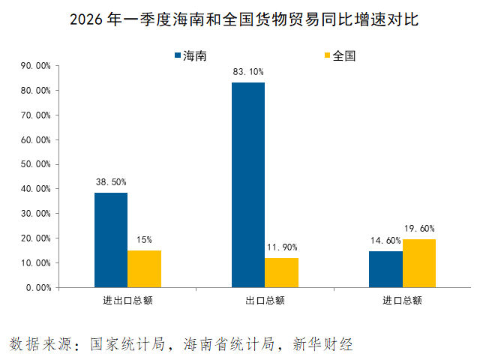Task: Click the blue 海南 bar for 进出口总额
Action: point(111,240)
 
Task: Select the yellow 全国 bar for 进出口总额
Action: point(144,269)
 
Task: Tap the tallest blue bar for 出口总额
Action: point(248,185)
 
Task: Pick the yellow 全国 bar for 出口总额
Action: point(281,273)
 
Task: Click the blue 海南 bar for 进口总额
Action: point(385,269)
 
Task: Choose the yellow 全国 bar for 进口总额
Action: point(419,263)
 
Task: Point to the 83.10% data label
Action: point(248,72)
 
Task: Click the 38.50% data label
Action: point(111,182)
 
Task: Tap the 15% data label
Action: point(144,240)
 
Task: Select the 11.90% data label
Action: point(282,247)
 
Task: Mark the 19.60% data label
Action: point(419,229)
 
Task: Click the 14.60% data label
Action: point(385,241)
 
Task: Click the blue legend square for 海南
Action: point(178,55)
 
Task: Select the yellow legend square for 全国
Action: point(327,55)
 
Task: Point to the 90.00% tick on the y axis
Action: point(35,66)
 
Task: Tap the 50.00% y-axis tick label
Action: point(35,164)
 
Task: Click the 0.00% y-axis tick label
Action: point(39,288)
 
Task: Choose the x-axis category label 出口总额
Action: point(265,301)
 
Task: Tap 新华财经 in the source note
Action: point(322,344)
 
